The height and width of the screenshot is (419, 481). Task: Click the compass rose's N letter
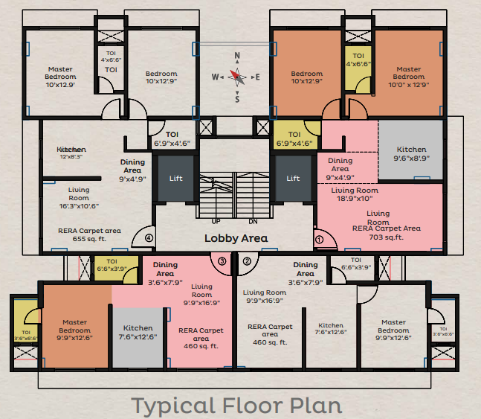pyautogui.click(x=237, y=56)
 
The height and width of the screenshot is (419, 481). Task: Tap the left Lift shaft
pyautogui.click(x=175, y=178)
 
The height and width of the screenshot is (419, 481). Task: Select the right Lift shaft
pyautogui.click(x=293, y=178)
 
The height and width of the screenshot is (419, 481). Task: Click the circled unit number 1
pyautogui.click(x=320, y=240)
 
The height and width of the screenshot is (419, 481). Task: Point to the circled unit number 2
pyautogui.click(x=247, y=261)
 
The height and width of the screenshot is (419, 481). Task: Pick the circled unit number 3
pyautogui.click(x=222, y=261)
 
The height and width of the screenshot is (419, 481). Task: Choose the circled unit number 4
pyautogui.click(x=149, y=239)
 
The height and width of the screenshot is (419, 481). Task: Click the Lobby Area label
pyautogui.click(x=236, y=239)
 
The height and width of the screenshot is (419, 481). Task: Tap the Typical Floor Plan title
pyautogui.click(x=236, y=406)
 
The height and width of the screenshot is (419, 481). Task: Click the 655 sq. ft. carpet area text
pyautogui.click(x=89, y=240)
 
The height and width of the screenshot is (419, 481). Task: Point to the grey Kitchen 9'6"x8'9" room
pyautogui.click(x=411, y=153)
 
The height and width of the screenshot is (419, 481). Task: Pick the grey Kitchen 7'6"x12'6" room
pyautogui.click(x=138, y=332)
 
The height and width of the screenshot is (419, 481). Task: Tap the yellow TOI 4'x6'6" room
pyautogui.click(x=358, y=60)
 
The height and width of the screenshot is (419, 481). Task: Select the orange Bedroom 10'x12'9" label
pyautogui.click(x=306, y=78)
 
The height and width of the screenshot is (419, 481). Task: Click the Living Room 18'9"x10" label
pyautogui.click(x=355, y=195)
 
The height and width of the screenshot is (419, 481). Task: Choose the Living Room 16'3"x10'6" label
pyautogui.click(x=79, y=199)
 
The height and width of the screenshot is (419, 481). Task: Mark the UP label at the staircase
pyautogui.click(x=216, y=221)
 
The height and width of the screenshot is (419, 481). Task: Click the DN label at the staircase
pyautogui.click(x=252, y=221)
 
